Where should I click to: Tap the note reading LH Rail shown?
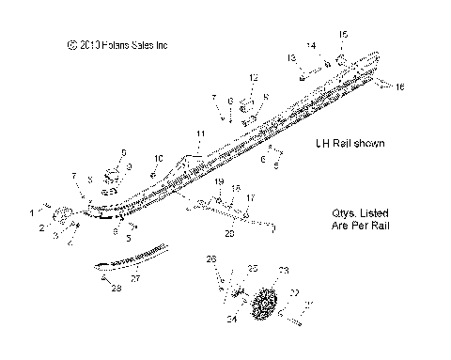click(x=350, y=143)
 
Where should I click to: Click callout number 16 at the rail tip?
click(x=400, y=87)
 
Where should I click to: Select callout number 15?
click(x=343, y=35)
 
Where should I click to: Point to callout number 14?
click(x=311, y=45)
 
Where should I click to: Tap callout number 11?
click(x=198, y=135)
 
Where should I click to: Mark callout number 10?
click(x=159, y=157)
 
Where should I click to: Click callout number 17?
click(x=250, y=199)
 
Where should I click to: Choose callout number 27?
click(x=134, y=277)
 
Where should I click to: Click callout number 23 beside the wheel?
click(x=284, y=270)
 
